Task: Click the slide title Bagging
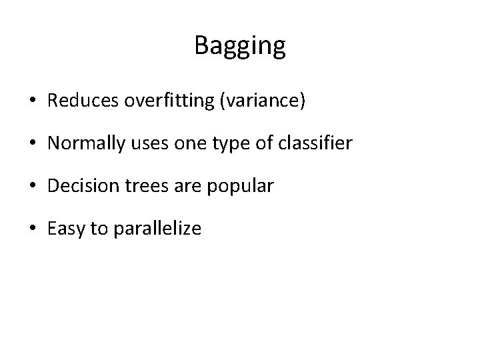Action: click(240, 46)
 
